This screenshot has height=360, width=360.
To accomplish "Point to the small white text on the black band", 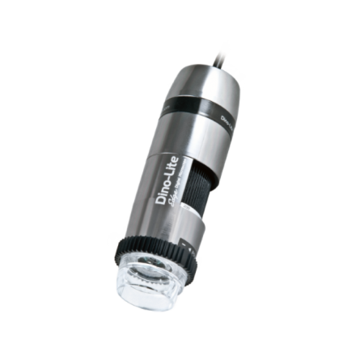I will (224, 120).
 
